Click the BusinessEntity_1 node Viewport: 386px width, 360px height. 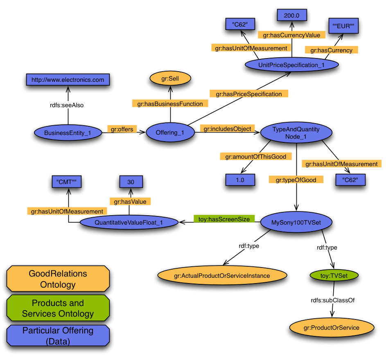pyautogui.click(x=68, y=133)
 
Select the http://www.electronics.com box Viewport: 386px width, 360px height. pyautogui.click(x=68, y=80)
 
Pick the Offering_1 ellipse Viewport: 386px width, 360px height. pyautogui.click(x=170, y=133)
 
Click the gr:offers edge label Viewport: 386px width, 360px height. pyautogui.click(x=122, y=129)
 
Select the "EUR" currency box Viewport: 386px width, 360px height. pyautogui.click(x=343, y=26)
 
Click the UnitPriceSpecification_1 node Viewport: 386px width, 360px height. pyautogui.click(x=291, y=65)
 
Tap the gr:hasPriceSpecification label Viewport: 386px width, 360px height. pyautogui.click(x=249, y=94)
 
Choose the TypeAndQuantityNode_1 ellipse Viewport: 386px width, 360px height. pyautogui.click(x=296, y=133)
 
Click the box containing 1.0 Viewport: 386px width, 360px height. pyautogui.click(x=240, y=180)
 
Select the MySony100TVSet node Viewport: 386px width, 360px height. pyautogui.click(x=296, y=222)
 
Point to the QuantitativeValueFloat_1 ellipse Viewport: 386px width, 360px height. pyautogui.click(x=129, y=223)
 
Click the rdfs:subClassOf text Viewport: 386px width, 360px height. pyautogui.click(x=332, y=300)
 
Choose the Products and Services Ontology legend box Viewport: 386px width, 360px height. pyautogui.click(x=58, y=308)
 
